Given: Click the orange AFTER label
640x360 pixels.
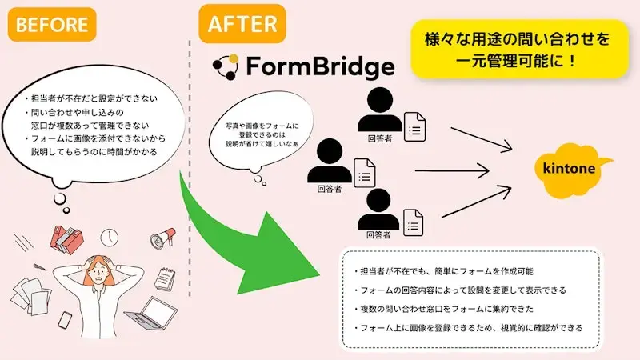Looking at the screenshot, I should coord(241,24).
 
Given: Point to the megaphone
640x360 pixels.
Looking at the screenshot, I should coord(162,238).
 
